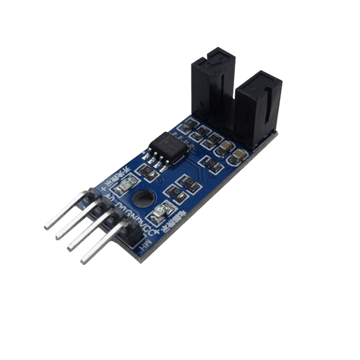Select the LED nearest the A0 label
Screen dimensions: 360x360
pyautogui.click(x=126, y=183)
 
